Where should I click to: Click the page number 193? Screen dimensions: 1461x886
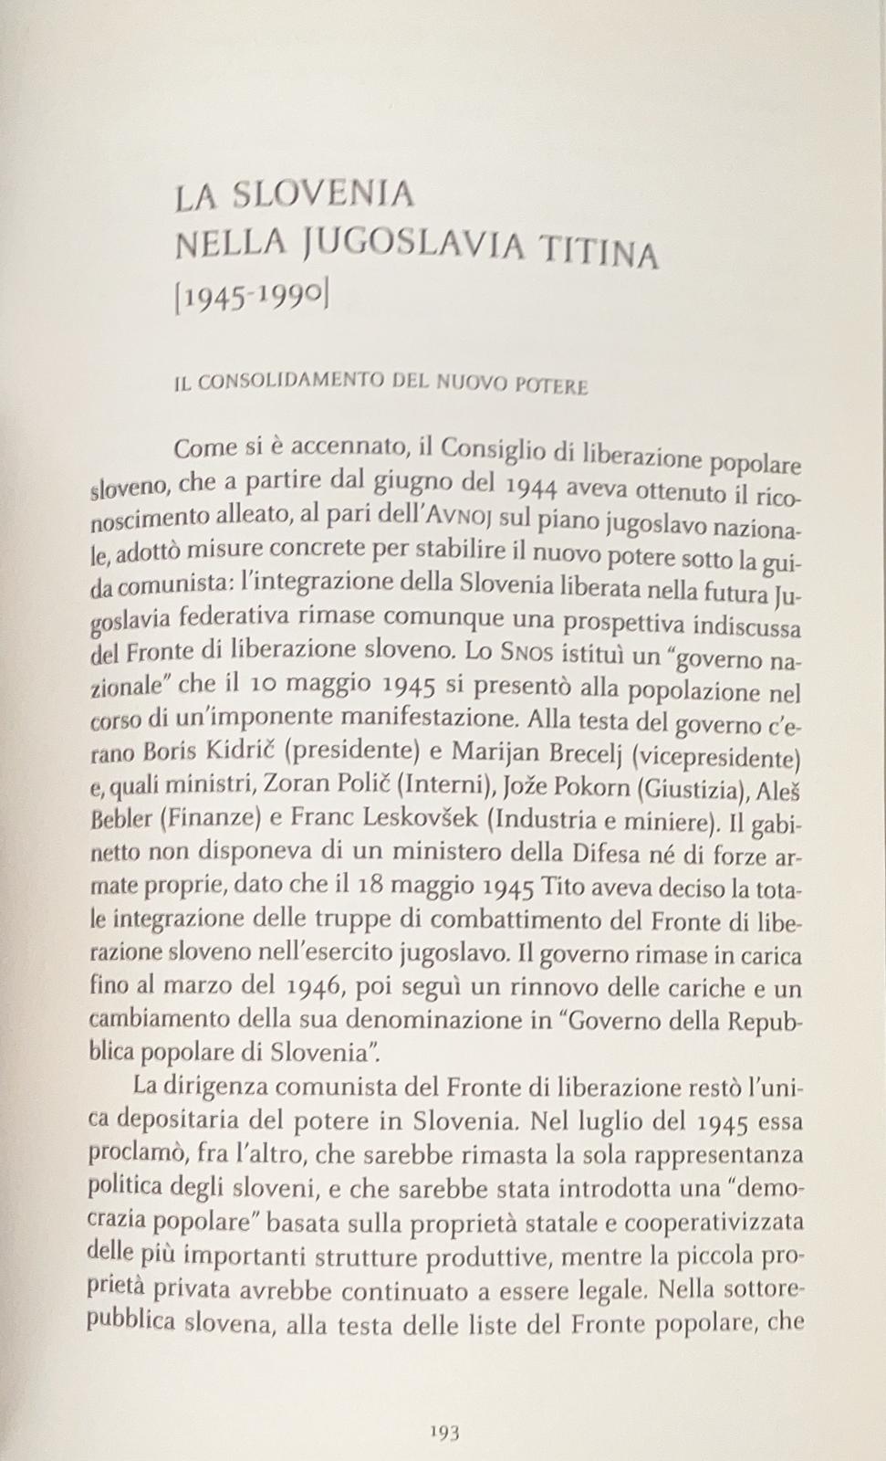[x=444, y=1432]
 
